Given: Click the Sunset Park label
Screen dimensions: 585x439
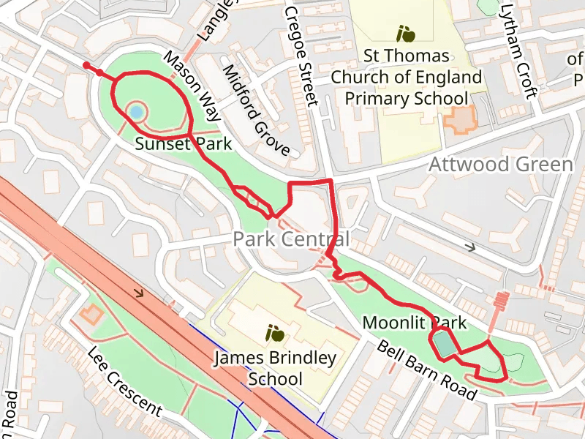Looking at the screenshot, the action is [x=183, y=144].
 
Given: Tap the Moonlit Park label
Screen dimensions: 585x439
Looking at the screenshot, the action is [x=414, y=323].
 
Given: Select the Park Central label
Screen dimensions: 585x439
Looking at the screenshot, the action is [x=291, y=239].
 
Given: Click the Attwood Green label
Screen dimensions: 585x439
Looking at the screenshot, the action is [x=500, y=164].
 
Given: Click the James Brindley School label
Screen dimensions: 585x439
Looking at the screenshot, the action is [x=275, y=368].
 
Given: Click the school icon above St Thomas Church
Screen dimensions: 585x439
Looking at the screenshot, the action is [x=406, y=33].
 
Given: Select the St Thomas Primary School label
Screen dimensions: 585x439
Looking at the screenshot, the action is [x=406, y=77].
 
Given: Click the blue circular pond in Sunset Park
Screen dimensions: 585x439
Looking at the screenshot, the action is [x=136, y=112].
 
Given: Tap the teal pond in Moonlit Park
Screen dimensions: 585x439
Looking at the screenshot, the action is [x=444, y=345].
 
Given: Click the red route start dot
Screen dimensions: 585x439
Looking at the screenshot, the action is [x=87, y=66].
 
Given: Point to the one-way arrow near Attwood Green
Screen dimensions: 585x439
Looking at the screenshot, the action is [x=471, y=247].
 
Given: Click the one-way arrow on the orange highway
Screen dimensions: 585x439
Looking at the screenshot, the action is [x=138, y=294].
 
